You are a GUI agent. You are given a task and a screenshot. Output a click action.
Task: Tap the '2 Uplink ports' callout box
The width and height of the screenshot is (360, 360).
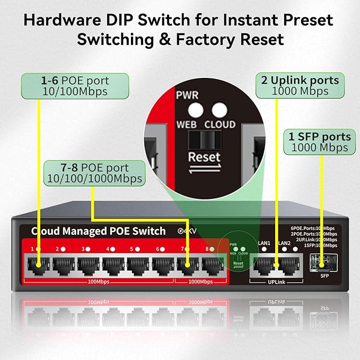300,86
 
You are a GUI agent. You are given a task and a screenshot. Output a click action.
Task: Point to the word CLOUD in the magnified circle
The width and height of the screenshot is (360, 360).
220,125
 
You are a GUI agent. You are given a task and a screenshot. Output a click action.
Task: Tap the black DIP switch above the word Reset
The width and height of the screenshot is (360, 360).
205,141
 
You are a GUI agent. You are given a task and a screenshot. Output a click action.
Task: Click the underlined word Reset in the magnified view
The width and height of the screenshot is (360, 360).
204,157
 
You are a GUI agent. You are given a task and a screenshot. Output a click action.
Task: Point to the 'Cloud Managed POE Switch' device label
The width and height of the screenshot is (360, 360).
99,231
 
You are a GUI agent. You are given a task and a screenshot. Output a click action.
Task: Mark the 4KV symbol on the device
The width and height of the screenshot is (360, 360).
186,231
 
